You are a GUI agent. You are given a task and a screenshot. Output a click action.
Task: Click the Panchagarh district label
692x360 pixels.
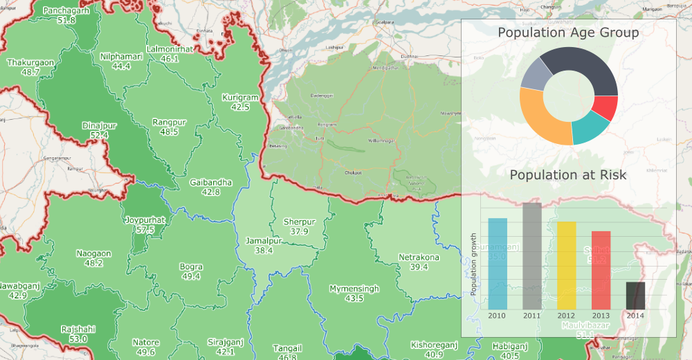coord(67,11)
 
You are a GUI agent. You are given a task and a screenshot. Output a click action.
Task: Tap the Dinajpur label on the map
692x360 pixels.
coord(95,125)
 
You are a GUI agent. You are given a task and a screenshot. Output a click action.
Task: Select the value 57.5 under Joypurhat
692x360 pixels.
coord(145,229)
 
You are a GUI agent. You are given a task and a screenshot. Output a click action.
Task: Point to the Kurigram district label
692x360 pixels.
coord(240,98)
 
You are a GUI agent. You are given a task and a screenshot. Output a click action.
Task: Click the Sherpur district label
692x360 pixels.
coord(299,222)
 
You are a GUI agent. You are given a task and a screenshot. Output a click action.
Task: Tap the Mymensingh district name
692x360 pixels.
coord(354,288)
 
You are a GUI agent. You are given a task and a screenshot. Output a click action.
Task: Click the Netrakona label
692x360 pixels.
coord(419,258)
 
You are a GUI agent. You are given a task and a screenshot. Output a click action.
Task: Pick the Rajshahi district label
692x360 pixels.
coord(78,329)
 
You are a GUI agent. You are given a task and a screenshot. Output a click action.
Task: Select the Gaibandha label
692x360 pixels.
coord(210,182)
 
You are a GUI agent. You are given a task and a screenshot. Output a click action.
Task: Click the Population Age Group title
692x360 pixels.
coord(568,33)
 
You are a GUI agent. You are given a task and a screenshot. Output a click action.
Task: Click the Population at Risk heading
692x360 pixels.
coord(568,175)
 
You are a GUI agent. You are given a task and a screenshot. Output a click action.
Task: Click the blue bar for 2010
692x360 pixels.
coord(498,264)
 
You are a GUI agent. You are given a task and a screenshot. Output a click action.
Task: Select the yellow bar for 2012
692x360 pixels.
coord(567,265)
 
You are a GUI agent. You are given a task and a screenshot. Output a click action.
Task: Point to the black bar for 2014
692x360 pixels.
coord(635,296)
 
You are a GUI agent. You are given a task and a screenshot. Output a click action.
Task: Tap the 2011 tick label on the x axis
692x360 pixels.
coord(532,316)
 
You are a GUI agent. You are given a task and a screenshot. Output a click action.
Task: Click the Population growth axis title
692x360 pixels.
coord(474,264)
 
